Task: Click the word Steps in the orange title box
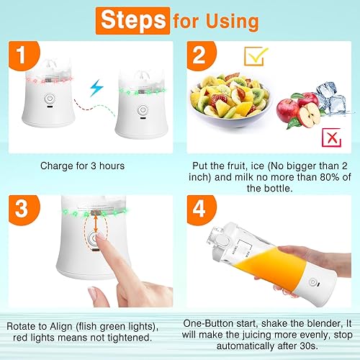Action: click(x=133, y=20)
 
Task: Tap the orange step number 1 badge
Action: click(x=24, y=55)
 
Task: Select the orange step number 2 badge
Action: click(x=201, y=55)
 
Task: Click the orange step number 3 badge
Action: click(x=24, y=210)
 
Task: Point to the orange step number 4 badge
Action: click(x=201, y=210)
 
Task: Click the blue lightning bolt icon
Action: click(x=96, y=88)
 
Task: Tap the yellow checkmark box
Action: click(x=256, y=56)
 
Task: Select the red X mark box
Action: click(x=331, y=138)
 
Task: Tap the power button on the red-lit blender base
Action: click(x=50, y=99)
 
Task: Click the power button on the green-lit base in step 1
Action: click(x=143, y=110)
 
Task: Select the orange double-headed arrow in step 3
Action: click(x=96, y=224)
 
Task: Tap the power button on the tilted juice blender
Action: click(x=312, y=282)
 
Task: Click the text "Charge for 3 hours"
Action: click(x=82, y=166)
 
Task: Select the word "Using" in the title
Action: click(x=232, y=22)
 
